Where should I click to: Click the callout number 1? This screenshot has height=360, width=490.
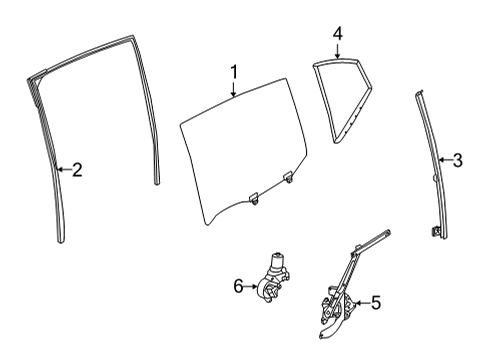[233, 72]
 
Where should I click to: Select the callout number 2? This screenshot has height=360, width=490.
[77, 170]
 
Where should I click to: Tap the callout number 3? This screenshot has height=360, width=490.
[458, 159]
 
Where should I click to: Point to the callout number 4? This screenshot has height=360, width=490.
[338, 33]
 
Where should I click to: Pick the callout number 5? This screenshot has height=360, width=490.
[377, 302]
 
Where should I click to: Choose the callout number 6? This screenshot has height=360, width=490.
[238, 286]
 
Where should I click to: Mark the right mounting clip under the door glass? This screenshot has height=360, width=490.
[288, 179]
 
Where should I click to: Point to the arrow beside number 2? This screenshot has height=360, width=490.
[62, 170]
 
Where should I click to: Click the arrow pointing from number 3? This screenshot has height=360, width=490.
[443, 159]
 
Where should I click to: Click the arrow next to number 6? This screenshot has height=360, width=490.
[253, 286]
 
